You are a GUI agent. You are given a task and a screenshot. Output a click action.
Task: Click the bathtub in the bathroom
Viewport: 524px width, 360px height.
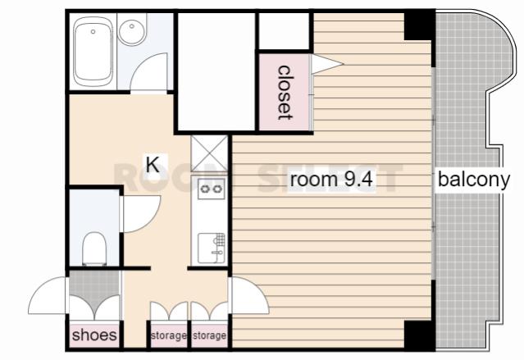93,52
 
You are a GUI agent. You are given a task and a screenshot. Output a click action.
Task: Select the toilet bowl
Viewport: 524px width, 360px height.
94,248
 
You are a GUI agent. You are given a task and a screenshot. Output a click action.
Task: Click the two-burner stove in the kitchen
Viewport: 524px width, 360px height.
212,189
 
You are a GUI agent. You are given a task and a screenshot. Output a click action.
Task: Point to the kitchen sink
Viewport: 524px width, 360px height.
212,248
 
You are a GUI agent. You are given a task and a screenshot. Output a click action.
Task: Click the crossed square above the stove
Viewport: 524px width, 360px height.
209,154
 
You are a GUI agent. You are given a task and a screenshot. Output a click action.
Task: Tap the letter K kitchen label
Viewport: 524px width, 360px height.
153,165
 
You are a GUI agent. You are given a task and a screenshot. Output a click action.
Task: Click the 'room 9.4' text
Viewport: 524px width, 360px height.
331,180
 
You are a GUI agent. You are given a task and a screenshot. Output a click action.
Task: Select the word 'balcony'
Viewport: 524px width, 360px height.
474,180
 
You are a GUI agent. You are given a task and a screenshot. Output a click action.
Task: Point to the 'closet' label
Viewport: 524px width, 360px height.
285,93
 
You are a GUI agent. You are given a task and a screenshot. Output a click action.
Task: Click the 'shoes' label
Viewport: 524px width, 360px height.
94,335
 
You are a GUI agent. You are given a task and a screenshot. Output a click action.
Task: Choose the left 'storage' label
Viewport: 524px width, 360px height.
169,335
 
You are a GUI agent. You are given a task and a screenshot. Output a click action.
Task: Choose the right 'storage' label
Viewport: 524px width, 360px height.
210,335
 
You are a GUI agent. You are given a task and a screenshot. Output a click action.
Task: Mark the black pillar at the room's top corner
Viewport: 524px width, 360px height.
419,26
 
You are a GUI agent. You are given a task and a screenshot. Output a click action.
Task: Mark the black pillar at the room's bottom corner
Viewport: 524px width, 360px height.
419,335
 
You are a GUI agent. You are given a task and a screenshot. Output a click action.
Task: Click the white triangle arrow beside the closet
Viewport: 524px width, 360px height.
326,63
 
